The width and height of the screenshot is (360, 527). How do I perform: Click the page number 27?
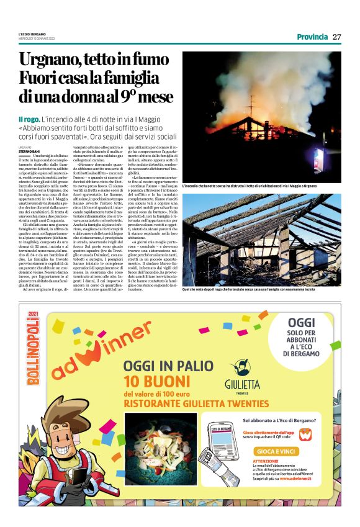[x=336, y=37]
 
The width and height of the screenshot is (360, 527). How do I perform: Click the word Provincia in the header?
[x=312, y=37]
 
